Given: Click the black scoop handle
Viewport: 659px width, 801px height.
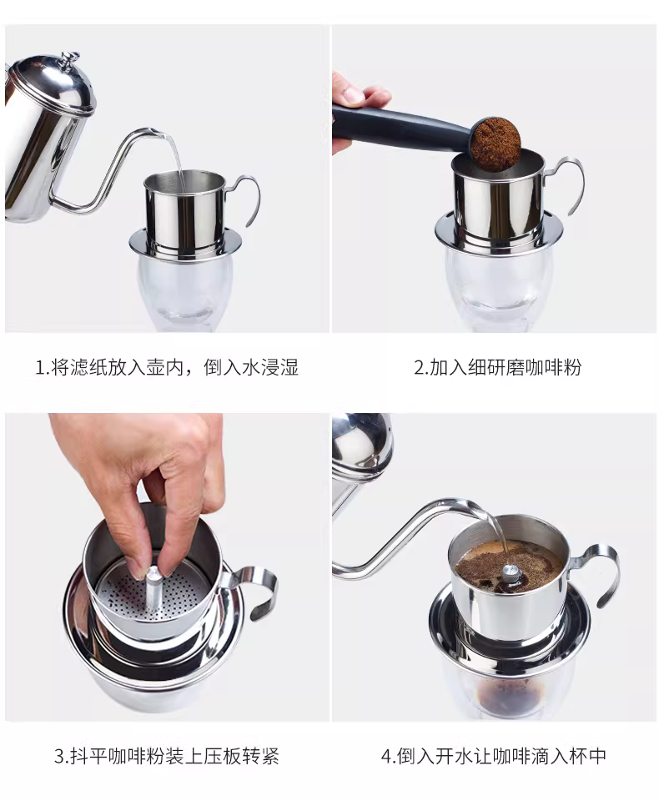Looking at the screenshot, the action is (405, 122).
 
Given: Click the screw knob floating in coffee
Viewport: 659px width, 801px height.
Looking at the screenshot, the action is (510, 572).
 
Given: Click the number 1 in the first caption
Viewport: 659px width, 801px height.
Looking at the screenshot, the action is (39, 367).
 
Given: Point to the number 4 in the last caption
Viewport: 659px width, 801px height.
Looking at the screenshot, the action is (386, 757).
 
